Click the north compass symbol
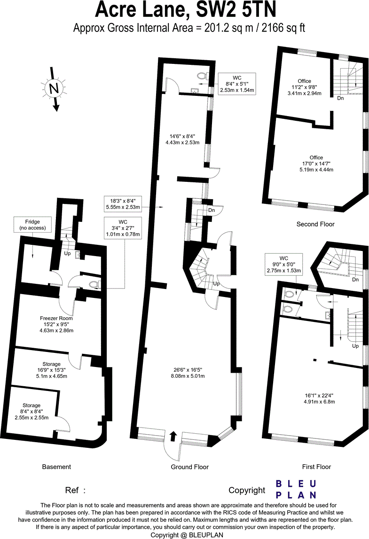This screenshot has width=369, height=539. coord(55,88)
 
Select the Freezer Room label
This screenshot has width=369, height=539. coord(56,324)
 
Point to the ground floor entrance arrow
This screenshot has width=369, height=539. coord(173,436)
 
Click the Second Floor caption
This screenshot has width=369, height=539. coord(315,224)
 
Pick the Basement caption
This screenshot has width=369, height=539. coord(56,467)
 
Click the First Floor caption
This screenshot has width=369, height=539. coord(316,467)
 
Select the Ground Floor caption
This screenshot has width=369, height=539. coord(189,467)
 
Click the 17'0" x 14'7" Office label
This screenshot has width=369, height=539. coord(316,164)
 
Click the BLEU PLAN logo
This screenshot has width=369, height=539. coord(296,489)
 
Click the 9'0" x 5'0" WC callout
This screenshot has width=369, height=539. coord(283,265)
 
